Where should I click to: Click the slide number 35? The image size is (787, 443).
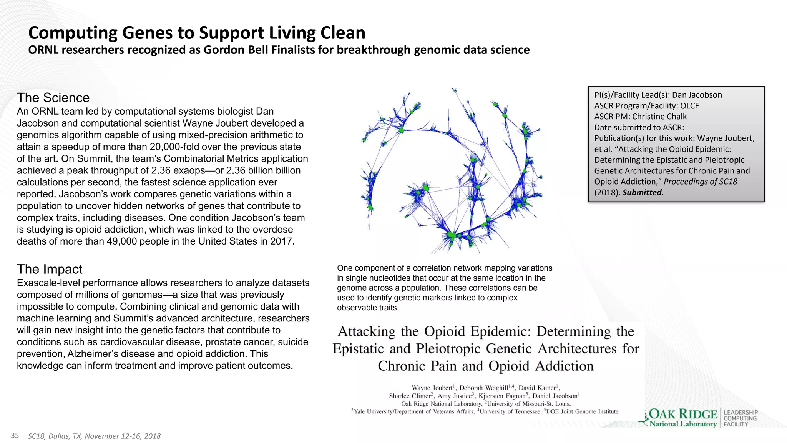click(15, 435)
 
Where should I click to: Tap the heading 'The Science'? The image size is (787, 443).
click(53, 98)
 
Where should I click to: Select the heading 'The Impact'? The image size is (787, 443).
click(50, 269)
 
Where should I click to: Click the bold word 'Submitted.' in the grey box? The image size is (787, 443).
click(643, 192)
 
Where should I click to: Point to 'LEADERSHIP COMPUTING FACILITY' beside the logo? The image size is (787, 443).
click(741, 418)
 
